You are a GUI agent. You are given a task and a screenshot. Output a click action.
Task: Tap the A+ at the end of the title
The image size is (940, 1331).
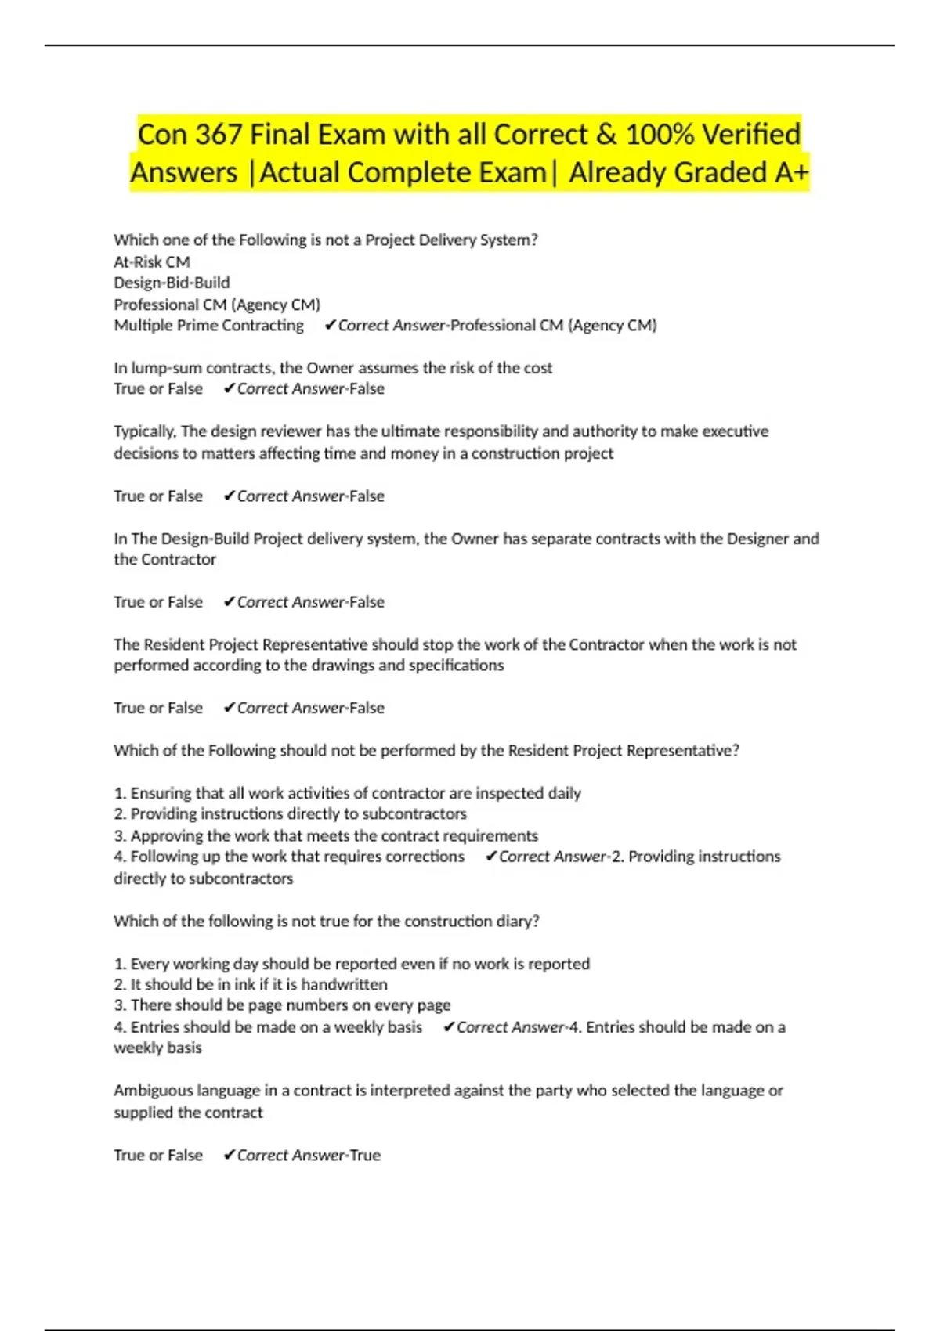790,173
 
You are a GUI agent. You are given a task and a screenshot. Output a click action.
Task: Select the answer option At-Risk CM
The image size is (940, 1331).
152,262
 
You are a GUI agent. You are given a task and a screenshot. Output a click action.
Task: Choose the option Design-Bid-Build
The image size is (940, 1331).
172,283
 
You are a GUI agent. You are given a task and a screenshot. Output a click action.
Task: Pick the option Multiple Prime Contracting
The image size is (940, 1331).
208,326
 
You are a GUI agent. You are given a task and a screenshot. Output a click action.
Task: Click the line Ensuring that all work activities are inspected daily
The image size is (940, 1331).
348,793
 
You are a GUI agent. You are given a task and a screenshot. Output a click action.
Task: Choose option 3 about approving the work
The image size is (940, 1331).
326,835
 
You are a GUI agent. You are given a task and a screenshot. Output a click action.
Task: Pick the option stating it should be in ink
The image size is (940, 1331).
251,984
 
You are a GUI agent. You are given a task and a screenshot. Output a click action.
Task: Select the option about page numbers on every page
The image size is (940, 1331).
282,1005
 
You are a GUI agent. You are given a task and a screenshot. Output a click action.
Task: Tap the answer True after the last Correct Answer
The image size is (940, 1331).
365,1156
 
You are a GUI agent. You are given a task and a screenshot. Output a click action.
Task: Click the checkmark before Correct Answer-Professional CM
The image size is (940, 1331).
331,326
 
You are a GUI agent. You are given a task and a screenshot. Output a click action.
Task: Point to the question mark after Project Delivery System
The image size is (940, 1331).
534,240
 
